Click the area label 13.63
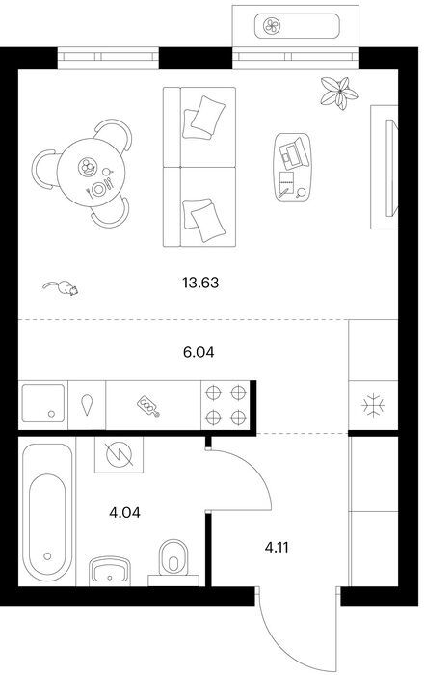tap(200, 283)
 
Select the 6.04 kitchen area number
tap(199, 352)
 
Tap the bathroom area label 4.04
tap(124, 513)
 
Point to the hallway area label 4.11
tap(277, 548)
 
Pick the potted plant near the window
tap(339, 93)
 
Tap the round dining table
tap(91, 173)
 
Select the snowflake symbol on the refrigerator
tap(373, 405)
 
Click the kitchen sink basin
tap(43, 403)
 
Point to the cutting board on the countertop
tap(148, 407)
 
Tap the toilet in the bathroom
tap(173, 559)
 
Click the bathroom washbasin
tap(110, 571)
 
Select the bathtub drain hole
tap(47, 556)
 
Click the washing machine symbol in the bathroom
tap(119, 455)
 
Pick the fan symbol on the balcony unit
tap(273, 26)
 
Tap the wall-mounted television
tap(390, 169)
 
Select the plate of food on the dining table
tap(88, 166)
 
